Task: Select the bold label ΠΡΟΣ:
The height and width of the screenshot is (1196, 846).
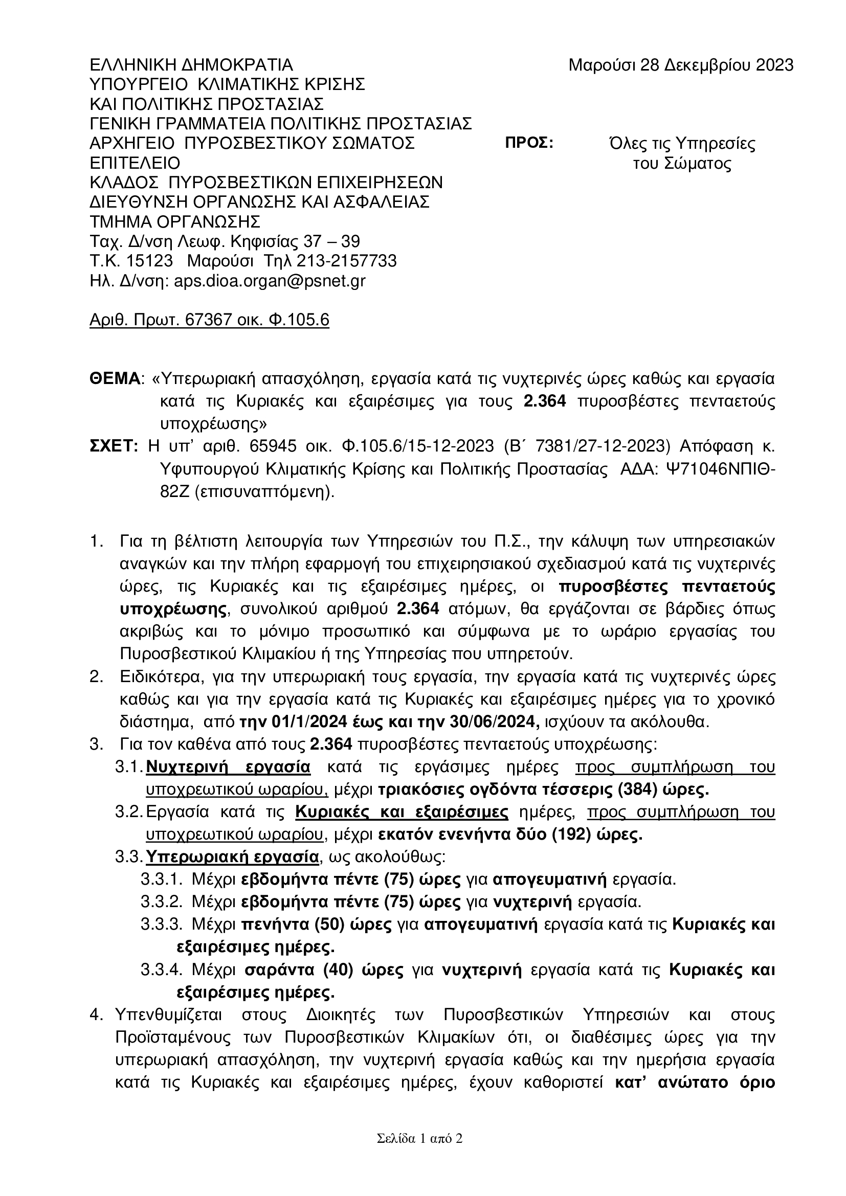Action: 529,143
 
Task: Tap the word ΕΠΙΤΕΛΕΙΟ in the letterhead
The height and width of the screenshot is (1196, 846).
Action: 135,163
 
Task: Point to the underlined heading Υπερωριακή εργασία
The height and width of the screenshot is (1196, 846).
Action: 232,857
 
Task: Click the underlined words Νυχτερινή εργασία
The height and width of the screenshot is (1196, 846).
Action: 228,768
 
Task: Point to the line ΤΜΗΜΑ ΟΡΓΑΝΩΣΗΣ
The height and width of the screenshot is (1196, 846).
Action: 175,222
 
